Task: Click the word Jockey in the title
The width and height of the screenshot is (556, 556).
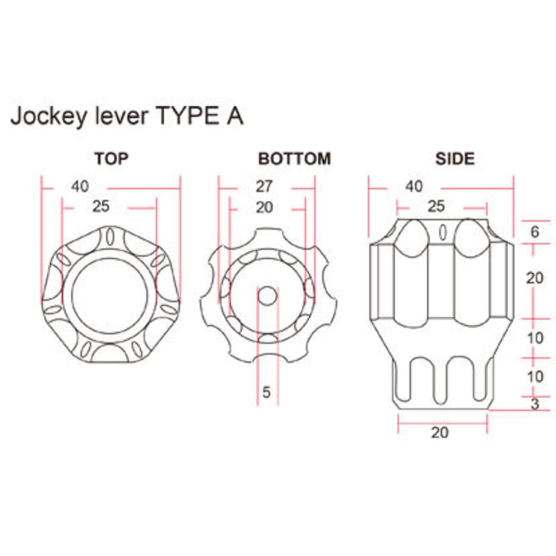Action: (48, 116)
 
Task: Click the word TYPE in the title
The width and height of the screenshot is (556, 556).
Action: (188, 115)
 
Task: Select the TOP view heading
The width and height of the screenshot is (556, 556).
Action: (111, 158)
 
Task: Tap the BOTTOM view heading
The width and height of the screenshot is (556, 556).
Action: (294, 158)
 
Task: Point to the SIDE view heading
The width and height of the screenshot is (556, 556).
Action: (455, 158)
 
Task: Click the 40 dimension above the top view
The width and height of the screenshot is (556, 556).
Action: (80, 187)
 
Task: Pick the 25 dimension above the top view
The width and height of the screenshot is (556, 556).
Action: (101, 206)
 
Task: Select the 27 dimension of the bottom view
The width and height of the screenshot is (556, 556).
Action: (264, 187)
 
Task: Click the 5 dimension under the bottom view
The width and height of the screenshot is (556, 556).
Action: (267, 392)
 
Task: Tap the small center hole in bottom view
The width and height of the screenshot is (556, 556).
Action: (267, 296)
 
